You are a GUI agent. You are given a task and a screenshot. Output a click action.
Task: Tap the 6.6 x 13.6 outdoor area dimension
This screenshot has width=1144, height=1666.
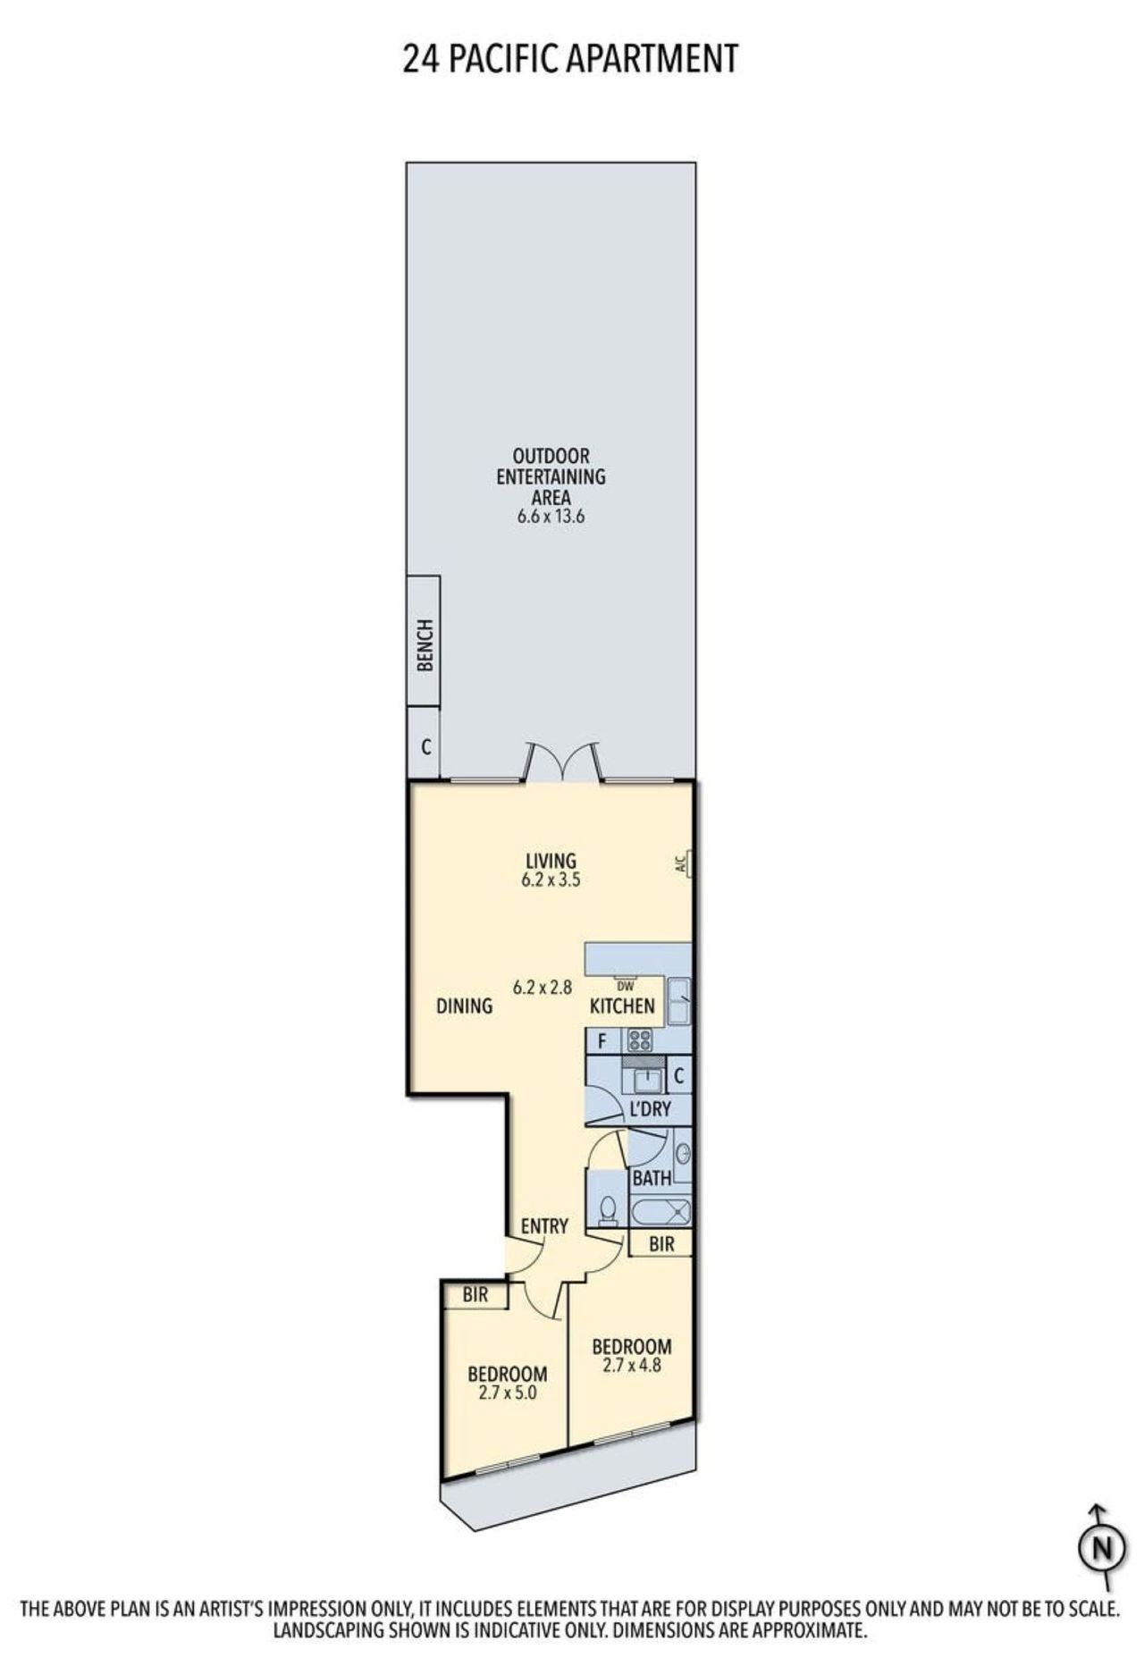click(551, 517)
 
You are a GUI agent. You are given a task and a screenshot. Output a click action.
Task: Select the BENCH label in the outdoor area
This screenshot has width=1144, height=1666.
click(425, 645)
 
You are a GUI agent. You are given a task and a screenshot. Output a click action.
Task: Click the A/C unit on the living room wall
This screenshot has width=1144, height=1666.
click(684, 864)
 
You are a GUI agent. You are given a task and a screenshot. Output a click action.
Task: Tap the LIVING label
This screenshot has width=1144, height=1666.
click(551, 861)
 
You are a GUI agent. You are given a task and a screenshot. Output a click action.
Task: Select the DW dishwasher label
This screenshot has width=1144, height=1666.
click(626, 987)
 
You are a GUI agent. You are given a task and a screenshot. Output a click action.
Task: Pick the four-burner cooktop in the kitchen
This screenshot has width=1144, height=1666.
click(640, 1039)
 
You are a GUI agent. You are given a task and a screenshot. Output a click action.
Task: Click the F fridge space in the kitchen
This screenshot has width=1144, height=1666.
click(602, 1040)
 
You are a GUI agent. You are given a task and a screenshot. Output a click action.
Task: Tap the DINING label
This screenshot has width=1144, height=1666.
click(464, 1006)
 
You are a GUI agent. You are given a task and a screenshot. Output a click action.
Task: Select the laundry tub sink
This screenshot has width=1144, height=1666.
click(646, 1081)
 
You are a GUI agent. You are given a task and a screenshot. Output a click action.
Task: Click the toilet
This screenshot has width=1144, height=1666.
click(608, 1210)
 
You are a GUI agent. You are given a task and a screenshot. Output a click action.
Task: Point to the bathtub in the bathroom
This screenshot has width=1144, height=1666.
click(660, 1213)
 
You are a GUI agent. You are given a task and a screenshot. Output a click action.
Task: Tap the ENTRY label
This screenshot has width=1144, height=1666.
click(544, 1226)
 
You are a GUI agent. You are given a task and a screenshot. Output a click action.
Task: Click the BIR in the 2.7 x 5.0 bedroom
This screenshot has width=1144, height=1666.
click(475, 1294)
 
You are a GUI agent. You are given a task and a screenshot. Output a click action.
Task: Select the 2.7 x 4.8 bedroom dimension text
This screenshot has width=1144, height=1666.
click(632, 1365)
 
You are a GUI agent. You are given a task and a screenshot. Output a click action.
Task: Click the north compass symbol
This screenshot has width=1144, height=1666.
click(1102, 1548)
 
